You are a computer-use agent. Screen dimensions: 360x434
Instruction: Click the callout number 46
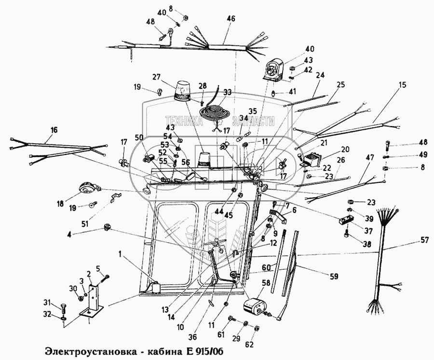[x=231, y=18]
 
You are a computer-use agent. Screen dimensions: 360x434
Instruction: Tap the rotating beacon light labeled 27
[x=184, y=91]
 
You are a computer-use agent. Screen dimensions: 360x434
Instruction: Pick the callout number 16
[x=54, y=130]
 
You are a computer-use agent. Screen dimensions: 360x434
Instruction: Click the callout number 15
[x=402, y=85]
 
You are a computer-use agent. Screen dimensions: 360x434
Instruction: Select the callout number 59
[x=334, y=277]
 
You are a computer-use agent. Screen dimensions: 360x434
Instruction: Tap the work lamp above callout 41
[x=274, y=69]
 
